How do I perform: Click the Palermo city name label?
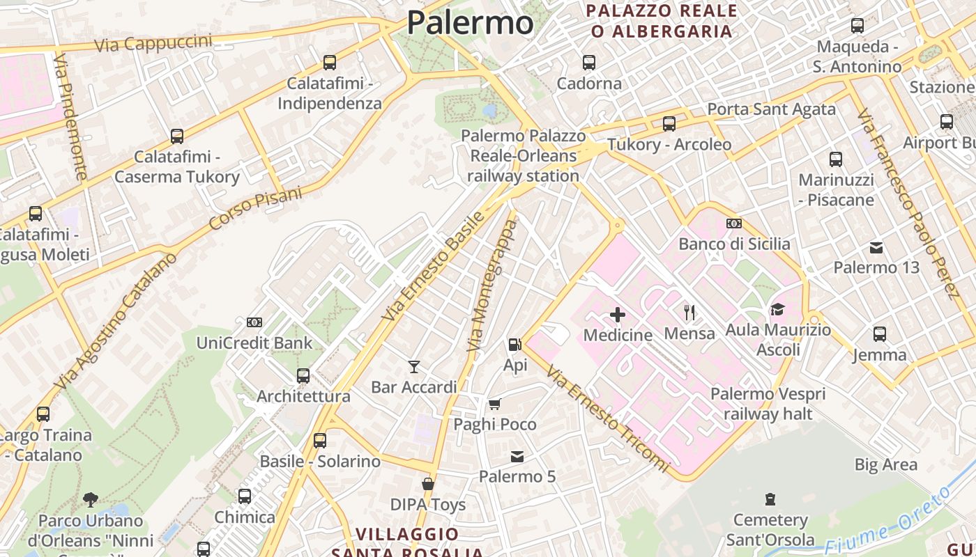471,22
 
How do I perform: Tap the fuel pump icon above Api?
514,344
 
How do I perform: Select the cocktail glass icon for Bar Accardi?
414,366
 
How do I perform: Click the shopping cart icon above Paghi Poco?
494,404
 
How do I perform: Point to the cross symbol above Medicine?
617,315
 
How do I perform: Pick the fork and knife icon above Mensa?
689,312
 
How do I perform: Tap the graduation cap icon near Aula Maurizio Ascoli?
777,309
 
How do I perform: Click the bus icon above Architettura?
303,376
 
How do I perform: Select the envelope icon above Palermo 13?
876,247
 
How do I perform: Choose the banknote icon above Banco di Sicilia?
734,223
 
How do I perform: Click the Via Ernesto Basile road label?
433,267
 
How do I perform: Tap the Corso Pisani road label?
256,208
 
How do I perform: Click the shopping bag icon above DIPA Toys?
427,484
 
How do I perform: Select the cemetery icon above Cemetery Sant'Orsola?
770,499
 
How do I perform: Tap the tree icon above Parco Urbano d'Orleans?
90,499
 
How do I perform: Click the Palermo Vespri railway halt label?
768,404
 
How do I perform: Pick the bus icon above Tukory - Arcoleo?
669,124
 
